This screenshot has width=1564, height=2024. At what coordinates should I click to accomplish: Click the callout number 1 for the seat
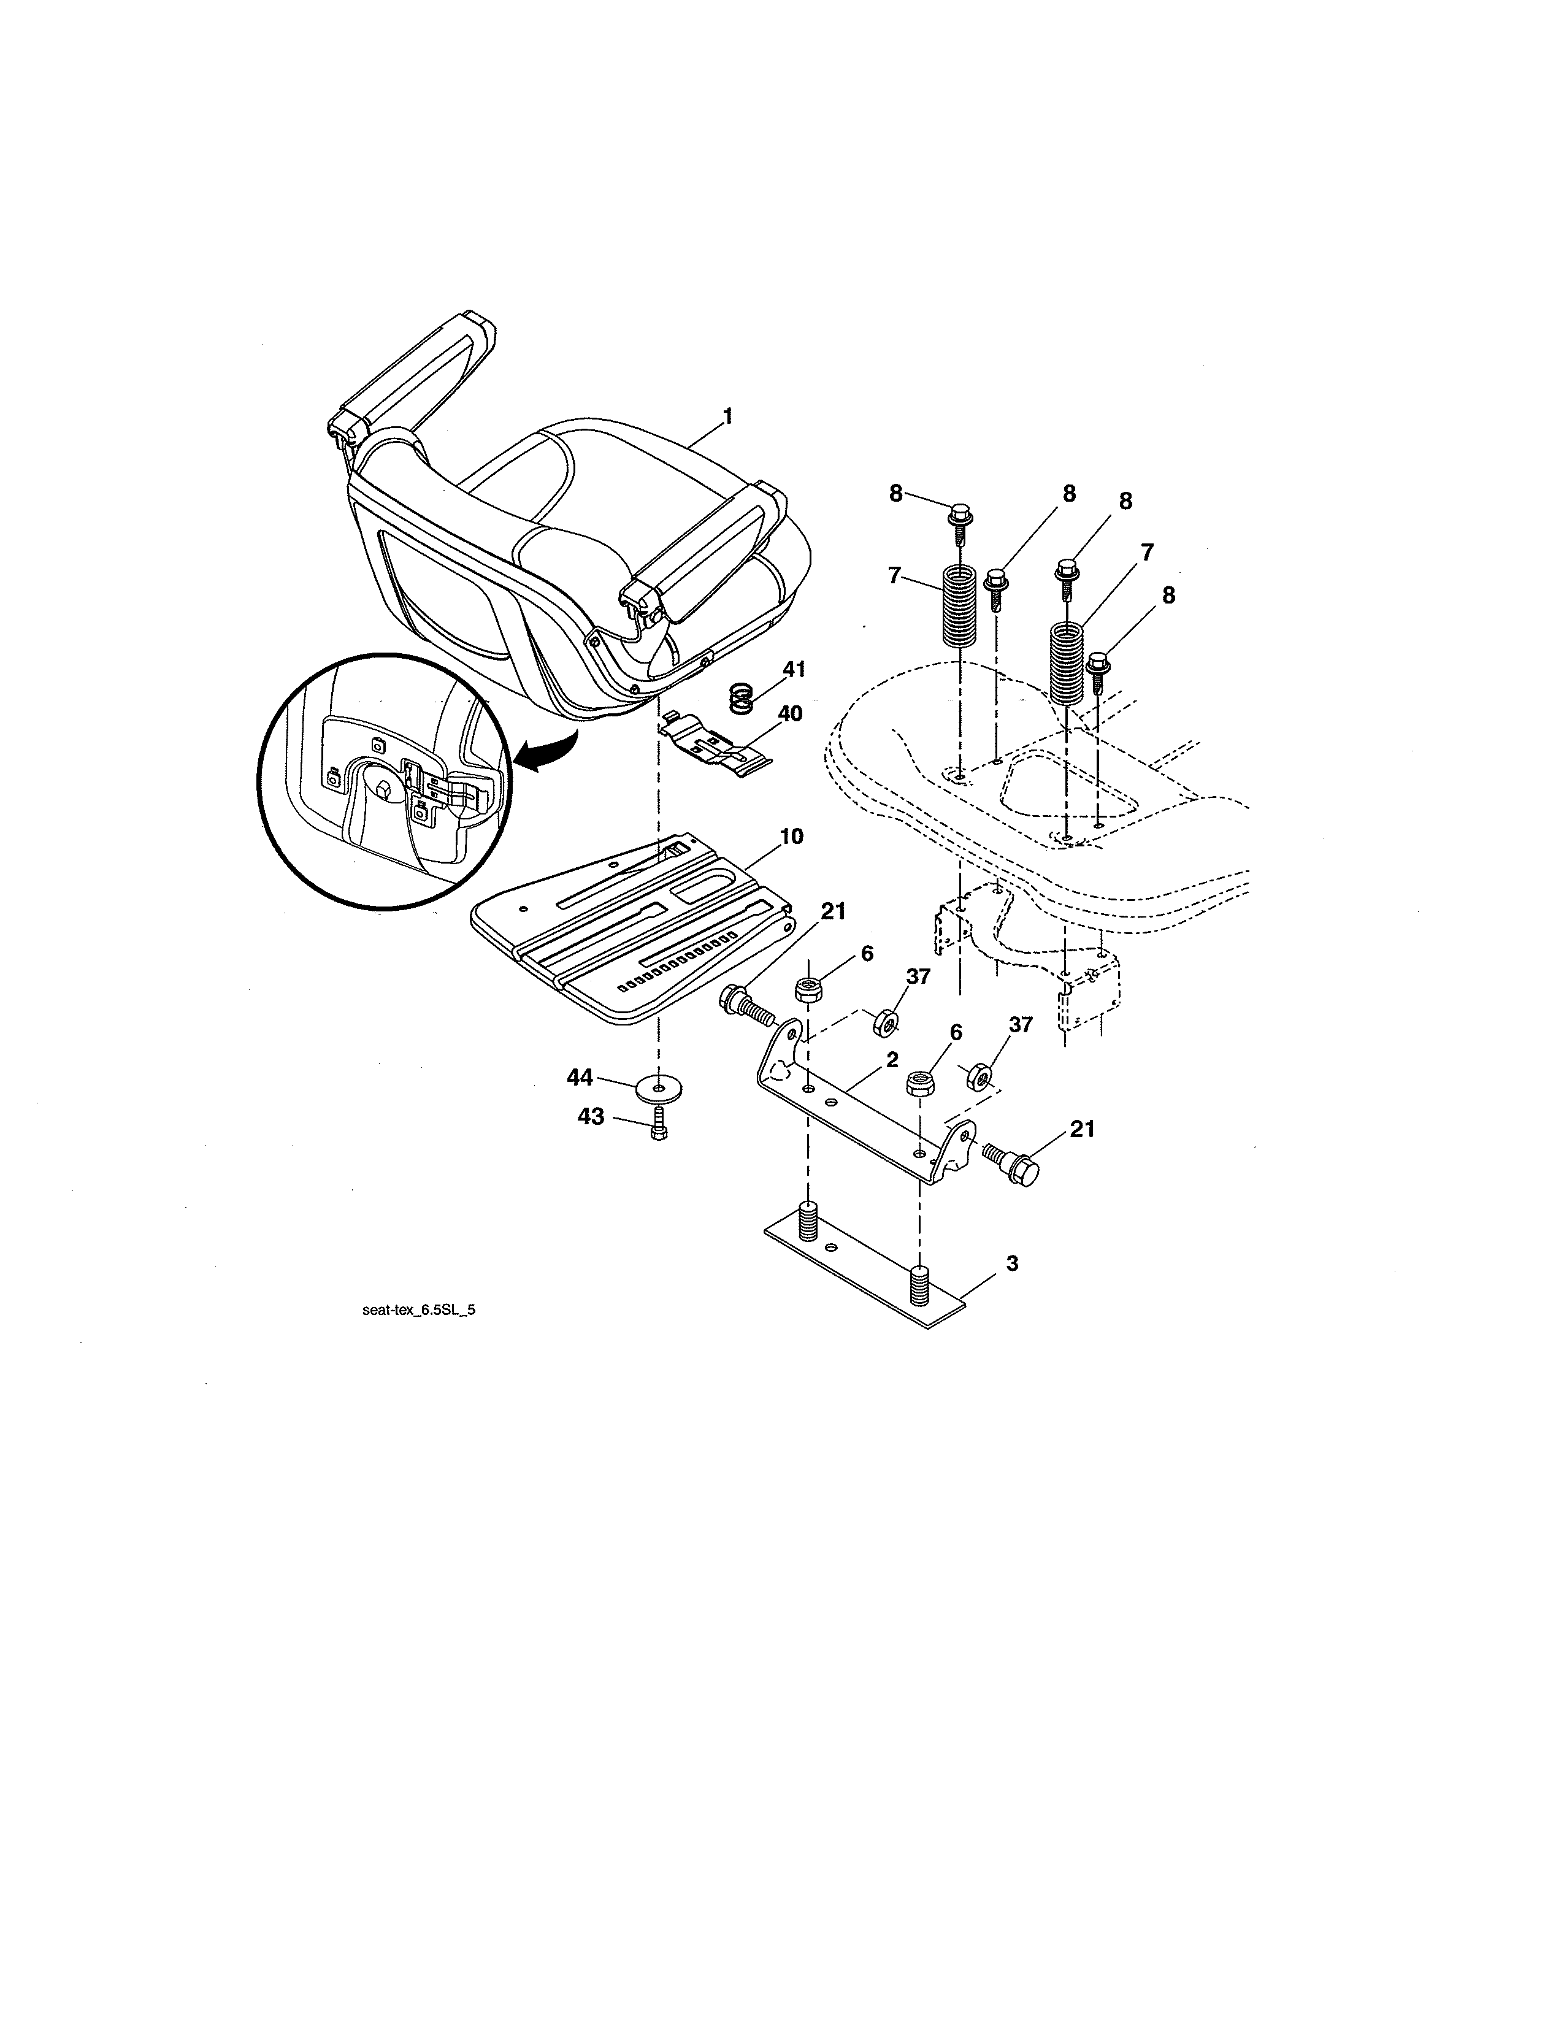727,417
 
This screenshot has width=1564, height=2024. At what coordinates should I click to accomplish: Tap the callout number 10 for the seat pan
791,836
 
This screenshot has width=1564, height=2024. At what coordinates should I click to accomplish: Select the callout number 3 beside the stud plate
1012,1262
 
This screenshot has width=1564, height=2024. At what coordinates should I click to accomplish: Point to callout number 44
580,1077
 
